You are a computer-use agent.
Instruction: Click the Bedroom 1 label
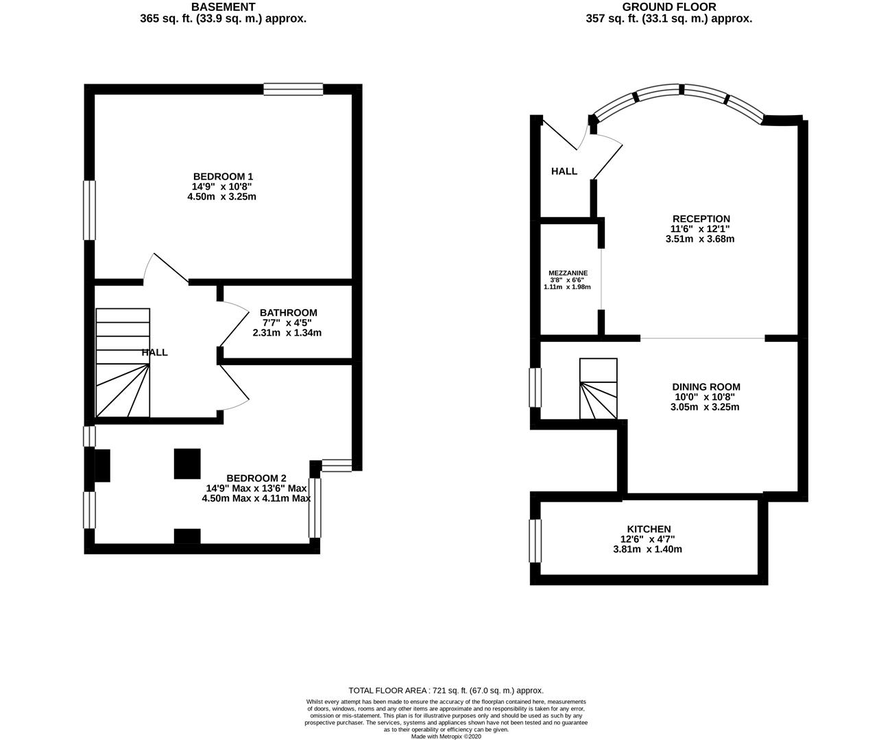click(x=223, y=176)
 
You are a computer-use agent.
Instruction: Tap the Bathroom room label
click(x=289, y=312)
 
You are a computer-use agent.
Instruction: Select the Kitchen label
click(x=649, y=529)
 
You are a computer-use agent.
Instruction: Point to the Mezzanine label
click(x=568, y=273)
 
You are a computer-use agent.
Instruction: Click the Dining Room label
click(x=706, y=387)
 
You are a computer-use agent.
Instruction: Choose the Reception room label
click(x=701, y=219)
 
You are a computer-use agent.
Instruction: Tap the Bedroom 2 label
click(x=256, y=478)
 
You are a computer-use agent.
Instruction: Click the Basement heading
click(x=223, y=7)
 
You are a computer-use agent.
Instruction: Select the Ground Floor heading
click(x=669, y=7)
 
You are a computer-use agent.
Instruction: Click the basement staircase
click(x=123, y=362)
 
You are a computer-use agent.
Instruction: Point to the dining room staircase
click(x=598, y=388)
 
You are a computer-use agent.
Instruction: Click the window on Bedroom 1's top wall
click(x=293, y=89)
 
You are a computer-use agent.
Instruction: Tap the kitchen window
click(x=535, y=541)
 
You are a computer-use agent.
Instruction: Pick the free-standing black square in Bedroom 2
click(x=187, y=464)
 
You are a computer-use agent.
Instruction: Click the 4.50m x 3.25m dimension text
click(x=221, y=197)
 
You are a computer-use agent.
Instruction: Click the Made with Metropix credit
click(x=446, y=737)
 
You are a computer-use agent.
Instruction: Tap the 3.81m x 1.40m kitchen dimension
click(x=648, y=550)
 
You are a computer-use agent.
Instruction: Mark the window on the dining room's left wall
click(x=535, y=388)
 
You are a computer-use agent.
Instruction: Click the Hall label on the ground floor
click(x=564, y=171)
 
